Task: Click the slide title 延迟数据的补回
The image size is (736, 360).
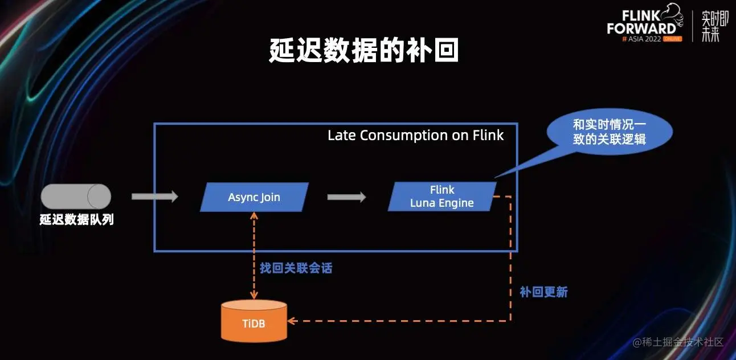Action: (x=364, y=51)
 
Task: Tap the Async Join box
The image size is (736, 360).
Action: (x=254, y=197)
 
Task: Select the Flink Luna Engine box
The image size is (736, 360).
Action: (x=442, y=197)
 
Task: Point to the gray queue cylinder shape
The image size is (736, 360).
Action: (x=76, y=197)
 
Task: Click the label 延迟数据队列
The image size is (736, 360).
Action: (x=76, y=220)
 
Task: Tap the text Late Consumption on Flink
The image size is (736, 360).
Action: (x=415, y=136)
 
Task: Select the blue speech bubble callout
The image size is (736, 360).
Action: (x=608, y=132)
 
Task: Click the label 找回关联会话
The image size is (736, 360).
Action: (x=296, y=268)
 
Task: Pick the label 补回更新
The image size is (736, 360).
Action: (x=543, y=292)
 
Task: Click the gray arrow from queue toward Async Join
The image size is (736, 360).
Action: (x=154, y=197)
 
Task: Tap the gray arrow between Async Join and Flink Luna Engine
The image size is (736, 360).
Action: (x=346, y=197)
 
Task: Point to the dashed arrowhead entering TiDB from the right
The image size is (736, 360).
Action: (x=292, y=321)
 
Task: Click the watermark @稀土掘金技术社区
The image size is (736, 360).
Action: (x=678, y=342)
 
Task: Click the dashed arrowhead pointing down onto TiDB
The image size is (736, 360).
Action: (x=254, y=295)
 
